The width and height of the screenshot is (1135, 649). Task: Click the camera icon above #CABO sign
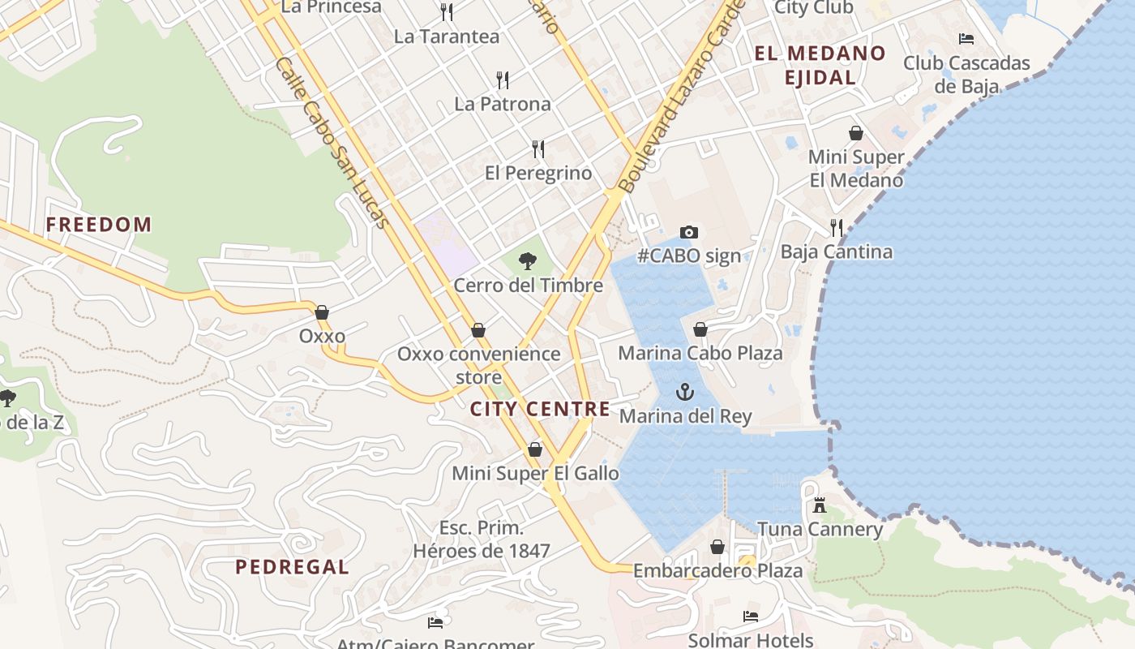688,233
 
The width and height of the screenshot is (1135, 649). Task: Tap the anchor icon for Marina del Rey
685,393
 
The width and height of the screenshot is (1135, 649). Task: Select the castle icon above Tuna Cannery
820,505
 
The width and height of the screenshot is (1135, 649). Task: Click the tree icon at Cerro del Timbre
528,261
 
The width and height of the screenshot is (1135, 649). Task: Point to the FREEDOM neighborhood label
99,225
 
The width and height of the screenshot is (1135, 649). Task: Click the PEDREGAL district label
292,567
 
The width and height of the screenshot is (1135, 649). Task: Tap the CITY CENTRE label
540,409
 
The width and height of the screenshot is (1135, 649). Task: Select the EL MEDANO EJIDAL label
820,66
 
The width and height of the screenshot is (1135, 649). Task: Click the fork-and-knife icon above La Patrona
503,80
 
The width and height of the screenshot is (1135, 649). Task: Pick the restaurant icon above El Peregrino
538,148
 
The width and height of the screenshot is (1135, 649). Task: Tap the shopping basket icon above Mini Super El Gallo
535,449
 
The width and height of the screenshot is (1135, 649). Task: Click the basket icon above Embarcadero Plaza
717,548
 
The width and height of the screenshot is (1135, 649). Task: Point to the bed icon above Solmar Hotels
751,617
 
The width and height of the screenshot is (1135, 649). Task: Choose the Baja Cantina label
837,251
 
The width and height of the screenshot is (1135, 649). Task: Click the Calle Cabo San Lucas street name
332,143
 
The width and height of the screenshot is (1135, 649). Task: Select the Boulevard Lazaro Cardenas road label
681,97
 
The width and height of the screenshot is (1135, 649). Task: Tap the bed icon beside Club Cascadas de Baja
966,38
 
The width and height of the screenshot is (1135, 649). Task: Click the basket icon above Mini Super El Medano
856,133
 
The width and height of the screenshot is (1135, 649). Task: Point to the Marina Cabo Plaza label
700,353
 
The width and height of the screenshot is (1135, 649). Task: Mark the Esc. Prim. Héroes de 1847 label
482,539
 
